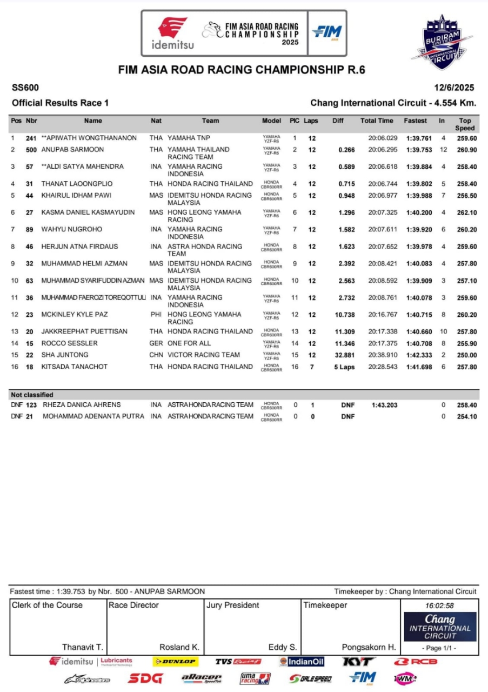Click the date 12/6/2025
(x=454, y=88)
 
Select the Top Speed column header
(x=465, y=124)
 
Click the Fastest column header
(x=415, y=121)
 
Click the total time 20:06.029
(x=383, y=138)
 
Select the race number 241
(x=31, y=138)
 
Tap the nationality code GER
(x=156, y=343)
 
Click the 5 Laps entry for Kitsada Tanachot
(x=344, y=367)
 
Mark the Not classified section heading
(x=32, y=395)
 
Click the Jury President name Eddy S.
(x=282, y=647)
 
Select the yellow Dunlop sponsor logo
(x=175, y=662)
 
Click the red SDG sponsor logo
(x=145, y=678)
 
